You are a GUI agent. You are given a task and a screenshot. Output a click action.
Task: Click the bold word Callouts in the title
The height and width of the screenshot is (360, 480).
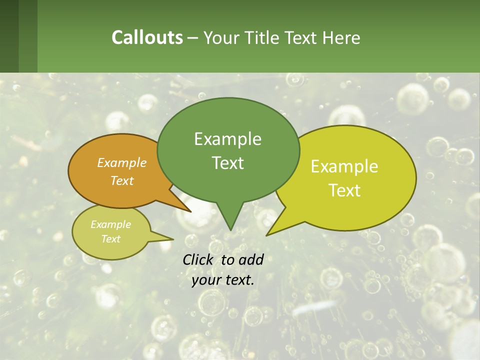(147, 37)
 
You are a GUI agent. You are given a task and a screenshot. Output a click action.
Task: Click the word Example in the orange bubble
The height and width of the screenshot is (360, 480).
(122, 162)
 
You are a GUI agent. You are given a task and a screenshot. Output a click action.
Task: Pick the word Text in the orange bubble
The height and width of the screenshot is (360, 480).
(122, 180)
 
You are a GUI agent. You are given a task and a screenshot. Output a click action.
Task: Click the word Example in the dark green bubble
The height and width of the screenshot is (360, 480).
(227, 139)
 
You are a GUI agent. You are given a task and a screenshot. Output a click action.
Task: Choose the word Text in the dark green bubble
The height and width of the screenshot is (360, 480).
(227, 163)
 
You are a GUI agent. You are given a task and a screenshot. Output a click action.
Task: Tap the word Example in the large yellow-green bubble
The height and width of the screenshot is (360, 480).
(344, 166)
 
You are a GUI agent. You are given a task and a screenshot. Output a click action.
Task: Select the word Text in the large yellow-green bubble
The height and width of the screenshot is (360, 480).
(344, 190)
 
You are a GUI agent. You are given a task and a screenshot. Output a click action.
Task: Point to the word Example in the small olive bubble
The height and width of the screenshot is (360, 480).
(111, 224)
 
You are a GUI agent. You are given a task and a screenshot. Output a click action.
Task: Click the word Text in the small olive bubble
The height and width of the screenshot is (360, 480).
(111, 239)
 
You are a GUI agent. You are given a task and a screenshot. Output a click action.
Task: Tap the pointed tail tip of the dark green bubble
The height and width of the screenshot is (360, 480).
(230, 230)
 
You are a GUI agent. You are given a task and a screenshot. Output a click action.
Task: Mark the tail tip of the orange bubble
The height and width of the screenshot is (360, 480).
(191, 211)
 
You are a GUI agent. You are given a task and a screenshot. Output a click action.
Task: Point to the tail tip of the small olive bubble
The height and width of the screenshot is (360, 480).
(173, 239)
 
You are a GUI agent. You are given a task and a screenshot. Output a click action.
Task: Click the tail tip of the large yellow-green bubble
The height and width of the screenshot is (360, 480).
(266, 235)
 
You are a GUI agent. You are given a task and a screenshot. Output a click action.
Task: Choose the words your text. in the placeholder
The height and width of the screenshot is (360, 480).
(223, 280)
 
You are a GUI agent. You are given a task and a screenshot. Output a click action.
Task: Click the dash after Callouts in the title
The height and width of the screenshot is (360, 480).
(193, 37)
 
